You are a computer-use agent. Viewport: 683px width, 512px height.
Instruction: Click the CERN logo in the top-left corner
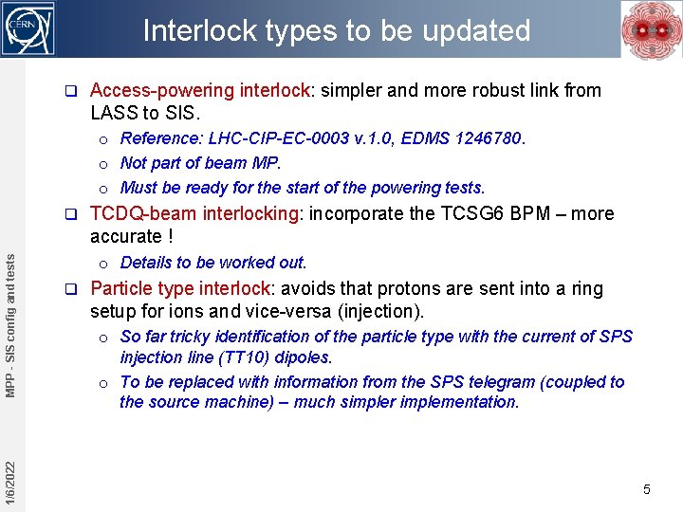tap(28, 28)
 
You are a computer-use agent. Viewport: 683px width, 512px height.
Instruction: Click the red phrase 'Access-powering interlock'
tap(199, 91)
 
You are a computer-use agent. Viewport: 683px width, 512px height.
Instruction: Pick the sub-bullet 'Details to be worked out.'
tap(213, 263)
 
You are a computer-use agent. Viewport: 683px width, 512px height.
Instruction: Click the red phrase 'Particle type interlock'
tap(180, 288)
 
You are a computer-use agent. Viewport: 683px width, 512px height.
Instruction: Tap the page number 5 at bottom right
tap(647, 489)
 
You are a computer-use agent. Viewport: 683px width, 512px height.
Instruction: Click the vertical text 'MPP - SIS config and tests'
tap(9, 317)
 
